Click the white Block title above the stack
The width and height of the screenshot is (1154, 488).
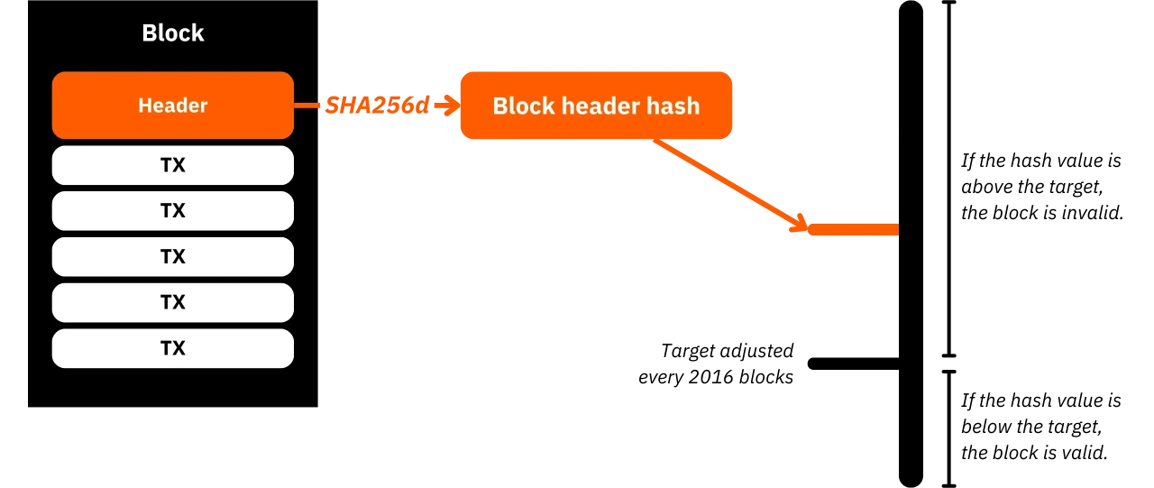[172, 33]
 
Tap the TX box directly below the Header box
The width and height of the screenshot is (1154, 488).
[172, 165]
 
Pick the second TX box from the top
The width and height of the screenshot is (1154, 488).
[172, 211]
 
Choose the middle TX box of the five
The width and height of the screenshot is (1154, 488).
[172, 257]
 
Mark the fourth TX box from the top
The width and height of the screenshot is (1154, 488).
[172, 302]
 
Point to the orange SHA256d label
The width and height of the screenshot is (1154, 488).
[377, 106]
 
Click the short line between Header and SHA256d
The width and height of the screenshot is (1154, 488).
[308, 106]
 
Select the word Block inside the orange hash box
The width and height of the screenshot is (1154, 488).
[523, 106]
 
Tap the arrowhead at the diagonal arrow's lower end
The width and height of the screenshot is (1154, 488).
[799, 223]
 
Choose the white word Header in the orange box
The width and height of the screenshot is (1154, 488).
[172, 106]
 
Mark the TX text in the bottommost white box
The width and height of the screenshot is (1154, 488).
[172, 348]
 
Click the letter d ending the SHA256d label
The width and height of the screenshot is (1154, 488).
[425, 106]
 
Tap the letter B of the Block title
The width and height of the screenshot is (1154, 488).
[149, 33]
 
